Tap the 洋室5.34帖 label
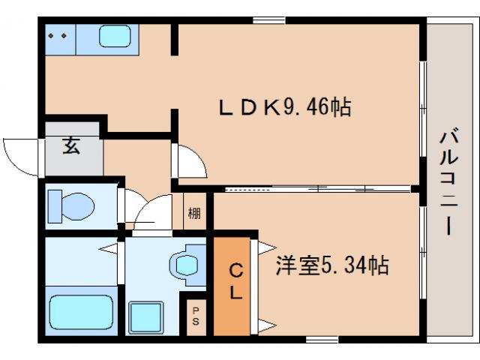tap(331, 265)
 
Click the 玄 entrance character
tap(70, 145)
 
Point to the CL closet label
tap(235, 280)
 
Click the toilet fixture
tap(71, 204)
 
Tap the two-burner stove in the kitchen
tap(58, 35)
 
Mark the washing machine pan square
tap(147, 317)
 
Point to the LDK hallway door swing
tap(188, 160)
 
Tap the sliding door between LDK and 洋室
tap(315, 187)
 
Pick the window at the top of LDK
tap(263, 19)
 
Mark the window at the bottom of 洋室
tap(321, 340)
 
